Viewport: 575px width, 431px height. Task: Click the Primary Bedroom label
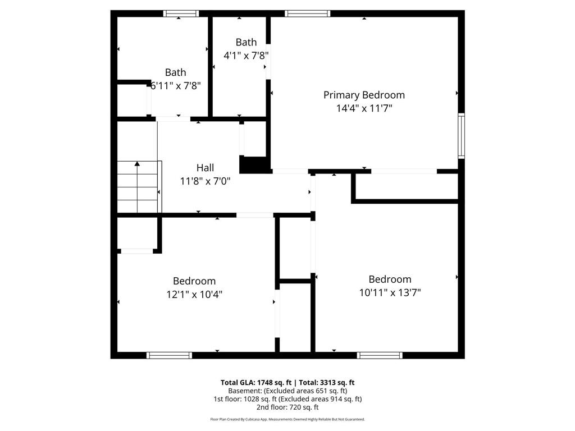(364, 95)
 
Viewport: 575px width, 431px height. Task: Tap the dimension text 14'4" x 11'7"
(364, 108)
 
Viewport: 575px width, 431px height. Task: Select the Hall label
(205, 168)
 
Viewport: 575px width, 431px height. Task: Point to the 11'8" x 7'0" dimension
(205, 181)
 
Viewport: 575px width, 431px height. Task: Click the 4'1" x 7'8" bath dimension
(246, 56)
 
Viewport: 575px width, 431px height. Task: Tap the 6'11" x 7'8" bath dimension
(176, 86)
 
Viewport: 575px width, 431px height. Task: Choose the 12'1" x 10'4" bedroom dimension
(194, 294)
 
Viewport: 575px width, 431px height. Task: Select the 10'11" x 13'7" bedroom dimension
(390, 292)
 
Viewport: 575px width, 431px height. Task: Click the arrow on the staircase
(137, 186)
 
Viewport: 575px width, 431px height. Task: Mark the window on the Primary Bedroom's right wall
(462, 136)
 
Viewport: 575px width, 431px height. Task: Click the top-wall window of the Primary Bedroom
(307, 13)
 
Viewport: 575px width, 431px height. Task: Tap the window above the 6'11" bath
(181, 13)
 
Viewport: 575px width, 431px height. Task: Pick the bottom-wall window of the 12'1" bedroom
(169, 355)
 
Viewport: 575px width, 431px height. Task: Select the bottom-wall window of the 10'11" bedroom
(380, 355)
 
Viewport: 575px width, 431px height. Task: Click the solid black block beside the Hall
(253, 165)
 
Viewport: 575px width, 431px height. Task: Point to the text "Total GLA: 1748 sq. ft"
(256, 383)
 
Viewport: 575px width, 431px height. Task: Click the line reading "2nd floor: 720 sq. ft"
(287, 407)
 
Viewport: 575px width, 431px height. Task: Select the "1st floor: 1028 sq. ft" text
(245, 399)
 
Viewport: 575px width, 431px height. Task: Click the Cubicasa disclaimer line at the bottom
(287, 419)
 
